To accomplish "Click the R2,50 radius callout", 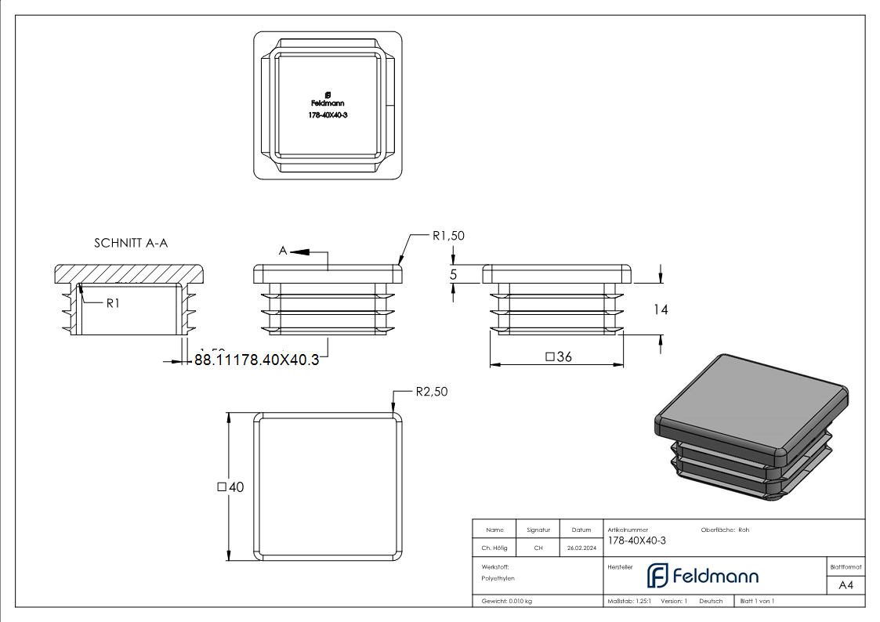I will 432,392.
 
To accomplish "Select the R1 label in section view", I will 113,303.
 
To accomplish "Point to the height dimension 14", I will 660,310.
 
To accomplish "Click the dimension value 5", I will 453,275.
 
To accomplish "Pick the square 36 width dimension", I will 557,357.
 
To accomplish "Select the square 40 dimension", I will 230,487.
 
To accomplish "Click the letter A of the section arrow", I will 284,251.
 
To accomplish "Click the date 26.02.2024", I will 581,548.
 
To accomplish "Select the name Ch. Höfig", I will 494,548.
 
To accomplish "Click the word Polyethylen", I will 498,578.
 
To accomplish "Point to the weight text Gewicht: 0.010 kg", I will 507,601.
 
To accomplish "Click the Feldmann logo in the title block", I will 702,576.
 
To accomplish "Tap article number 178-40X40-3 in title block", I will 636,541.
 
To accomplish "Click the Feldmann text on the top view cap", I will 328,103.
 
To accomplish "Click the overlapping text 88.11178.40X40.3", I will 256,360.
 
